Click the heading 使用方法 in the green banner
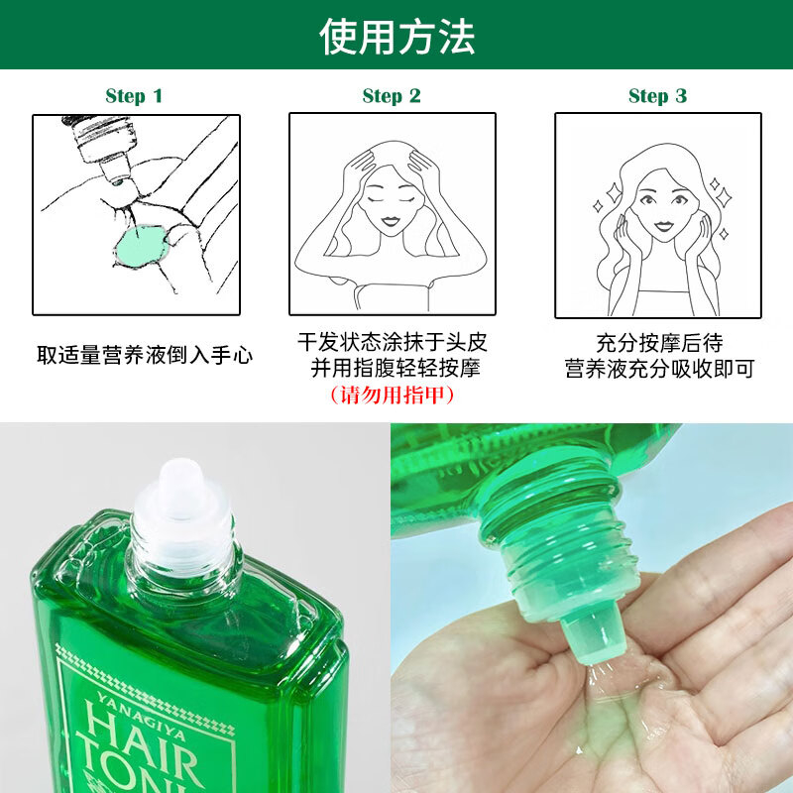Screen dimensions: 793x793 [397, 37]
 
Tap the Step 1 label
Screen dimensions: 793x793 [134, 95]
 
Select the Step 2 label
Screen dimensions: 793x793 [392, 95]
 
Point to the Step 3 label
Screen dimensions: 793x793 [657, 95]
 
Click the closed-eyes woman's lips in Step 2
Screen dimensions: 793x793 [391, 221]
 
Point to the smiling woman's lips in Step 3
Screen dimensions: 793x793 [663, 225]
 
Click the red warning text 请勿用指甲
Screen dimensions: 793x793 [392, 395]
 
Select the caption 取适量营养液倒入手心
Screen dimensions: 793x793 [145, 355]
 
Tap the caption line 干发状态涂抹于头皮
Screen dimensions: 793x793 [392, 342]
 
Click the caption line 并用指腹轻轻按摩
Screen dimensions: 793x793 [395, 368]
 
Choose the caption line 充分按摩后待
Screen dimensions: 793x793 [659, 343]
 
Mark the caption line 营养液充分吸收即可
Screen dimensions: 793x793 [659, 368]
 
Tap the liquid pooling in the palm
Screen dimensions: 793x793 [623, 708]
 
